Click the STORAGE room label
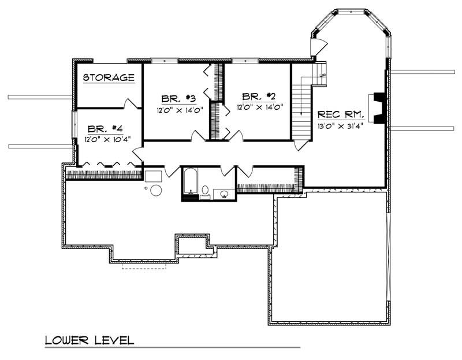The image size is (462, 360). click(x=109, y=77)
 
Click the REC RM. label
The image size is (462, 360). click(x=341, y=115)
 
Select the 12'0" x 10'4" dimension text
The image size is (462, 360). click(x=107, y=139)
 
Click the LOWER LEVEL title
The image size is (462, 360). click(x=90, y=340)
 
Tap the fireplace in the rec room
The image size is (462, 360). click(x=378, y=108)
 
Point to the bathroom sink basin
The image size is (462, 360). click(x=222, y=194)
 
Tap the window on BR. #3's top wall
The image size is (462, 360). click(x=164, y=60)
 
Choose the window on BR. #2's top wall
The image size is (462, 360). click(x=245, y=60)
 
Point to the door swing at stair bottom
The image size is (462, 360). click(x=300, y=144)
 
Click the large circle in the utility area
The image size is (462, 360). click(x=156, y=190)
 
